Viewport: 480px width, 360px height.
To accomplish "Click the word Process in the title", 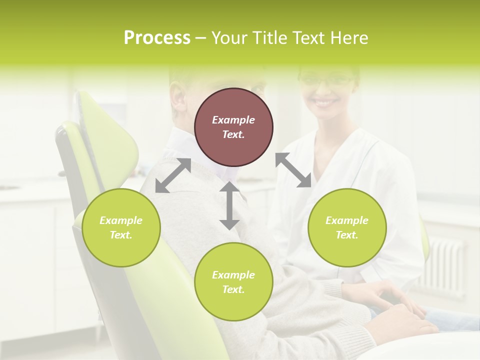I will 157,38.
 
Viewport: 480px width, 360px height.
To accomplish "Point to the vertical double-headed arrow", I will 229,205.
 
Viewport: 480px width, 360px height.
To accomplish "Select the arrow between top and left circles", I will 173,175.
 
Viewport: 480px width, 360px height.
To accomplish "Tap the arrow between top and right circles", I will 293,170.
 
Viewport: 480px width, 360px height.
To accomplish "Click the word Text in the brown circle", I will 233,134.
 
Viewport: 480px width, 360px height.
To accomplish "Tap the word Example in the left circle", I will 121,220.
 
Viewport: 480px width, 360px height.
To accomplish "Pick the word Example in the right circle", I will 347,220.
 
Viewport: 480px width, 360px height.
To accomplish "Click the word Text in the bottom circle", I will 233,289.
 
